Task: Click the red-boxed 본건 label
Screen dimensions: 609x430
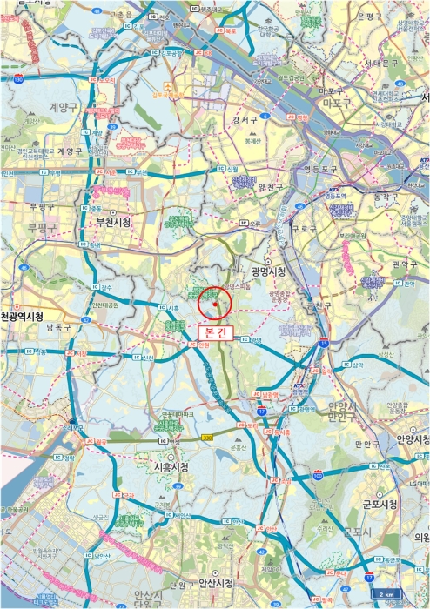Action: point(213,331)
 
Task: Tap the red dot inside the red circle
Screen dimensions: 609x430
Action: point(214,304)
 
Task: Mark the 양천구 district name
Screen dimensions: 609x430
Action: point(260,185)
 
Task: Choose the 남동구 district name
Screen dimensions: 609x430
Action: point(60,328)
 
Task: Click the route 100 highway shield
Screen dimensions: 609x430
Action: point(318,478)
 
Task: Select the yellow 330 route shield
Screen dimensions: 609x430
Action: point(206,437)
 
